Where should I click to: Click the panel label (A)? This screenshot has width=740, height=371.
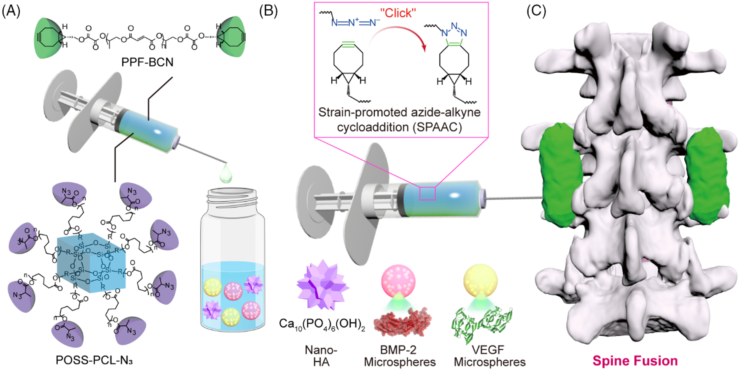[x=11, y=11]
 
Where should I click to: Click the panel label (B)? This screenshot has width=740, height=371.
[x=268, y=11]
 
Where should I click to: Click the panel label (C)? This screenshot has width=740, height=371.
[x=536, y=11]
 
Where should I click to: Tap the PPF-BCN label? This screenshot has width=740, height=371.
[x=147, y=62]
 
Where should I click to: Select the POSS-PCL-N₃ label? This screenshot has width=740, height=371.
[x=94, y=360]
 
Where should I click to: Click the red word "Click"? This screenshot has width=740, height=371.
[x=398, y=13]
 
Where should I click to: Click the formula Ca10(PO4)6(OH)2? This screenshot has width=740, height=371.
[x=322, y=324]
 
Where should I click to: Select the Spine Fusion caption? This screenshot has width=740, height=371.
[x=635, y=361]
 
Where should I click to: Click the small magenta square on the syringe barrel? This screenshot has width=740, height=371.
[x=427, y=193]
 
